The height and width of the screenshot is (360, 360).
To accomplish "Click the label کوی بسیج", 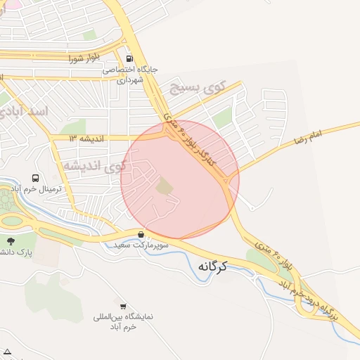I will click(x=199, y=88).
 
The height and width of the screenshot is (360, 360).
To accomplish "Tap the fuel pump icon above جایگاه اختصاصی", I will click(x=129, y=59).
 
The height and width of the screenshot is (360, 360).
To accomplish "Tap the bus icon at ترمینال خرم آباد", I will click(x=35, y=179).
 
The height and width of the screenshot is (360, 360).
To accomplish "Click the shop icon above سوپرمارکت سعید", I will click(x=142, y=234).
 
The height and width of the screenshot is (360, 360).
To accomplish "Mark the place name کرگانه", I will click(x=215, y=266).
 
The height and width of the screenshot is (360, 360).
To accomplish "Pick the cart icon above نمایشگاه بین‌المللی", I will click(x=123, y=307).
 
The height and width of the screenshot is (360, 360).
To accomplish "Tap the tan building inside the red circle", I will click(x=164, y=186).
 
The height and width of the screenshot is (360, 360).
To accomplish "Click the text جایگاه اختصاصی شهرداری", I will click(x=130, y=75).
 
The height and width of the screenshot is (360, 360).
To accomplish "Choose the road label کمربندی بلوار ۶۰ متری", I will click(x=191, y=138).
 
